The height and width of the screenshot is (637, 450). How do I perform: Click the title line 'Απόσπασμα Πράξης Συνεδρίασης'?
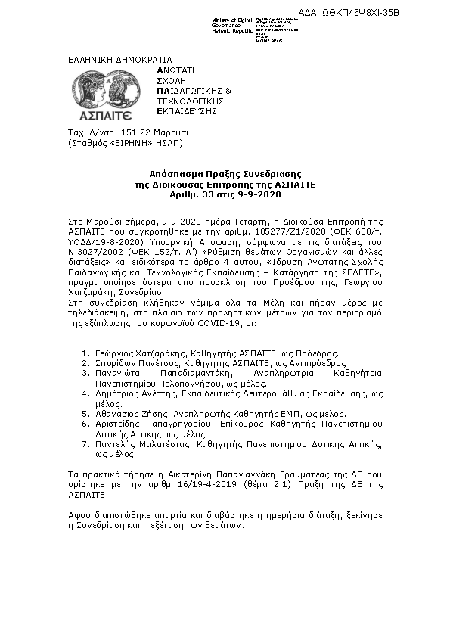(225, 173)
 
